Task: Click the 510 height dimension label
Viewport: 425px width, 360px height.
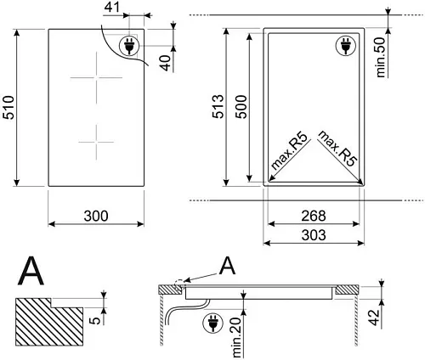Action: (x=8, y=108)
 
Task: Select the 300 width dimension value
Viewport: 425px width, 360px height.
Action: (x=96, y=216)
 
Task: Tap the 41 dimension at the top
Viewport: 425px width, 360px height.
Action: (x=112, y=7)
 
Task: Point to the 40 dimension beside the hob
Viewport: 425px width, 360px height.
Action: (x=166, y=63)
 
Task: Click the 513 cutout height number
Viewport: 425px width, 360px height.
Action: (x=218, y=106)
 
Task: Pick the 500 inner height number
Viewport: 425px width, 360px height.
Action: (x=241, y=107)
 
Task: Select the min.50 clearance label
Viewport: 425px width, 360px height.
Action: (x=381, y=58)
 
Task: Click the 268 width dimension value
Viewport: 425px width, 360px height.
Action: (x=314, y=216)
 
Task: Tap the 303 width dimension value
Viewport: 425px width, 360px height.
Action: (x=314, y=235)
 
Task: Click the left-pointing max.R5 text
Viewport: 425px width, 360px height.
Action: (x=289, y=151)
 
